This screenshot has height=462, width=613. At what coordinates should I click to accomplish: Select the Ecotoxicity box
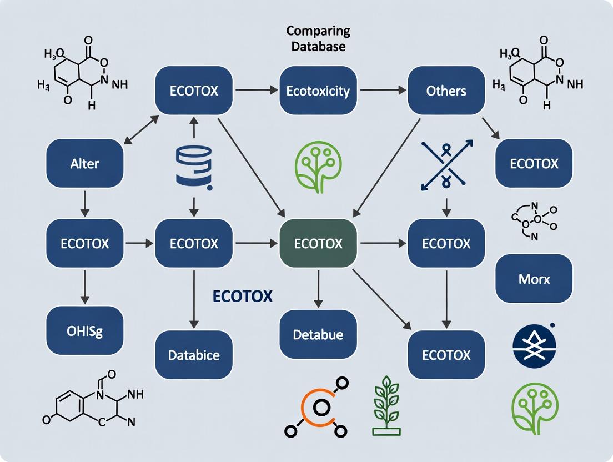pyautogui.click(x=318, y=91)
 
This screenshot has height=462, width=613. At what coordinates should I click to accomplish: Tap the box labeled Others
pyautogui.click(x=446, y=91)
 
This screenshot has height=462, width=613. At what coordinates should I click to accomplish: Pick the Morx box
pyautogui.click(x=534, y=278)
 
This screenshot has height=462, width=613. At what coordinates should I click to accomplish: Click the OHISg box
pyautogui.click(x=84, y=332)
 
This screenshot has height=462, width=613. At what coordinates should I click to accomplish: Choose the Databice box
pyautogui.click(x=194, y=355)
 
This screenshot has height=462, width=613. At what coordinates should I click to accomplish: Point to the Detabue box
pyautogui.click(x=318, y=334)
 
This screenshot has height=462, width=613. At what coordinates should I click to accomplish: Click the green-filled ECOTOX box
pyautogui.click(x=318, y=243)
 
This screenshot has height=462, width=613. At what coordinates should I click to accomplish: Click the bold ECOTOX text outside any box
pyautogui.click(x=243, y=297)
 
